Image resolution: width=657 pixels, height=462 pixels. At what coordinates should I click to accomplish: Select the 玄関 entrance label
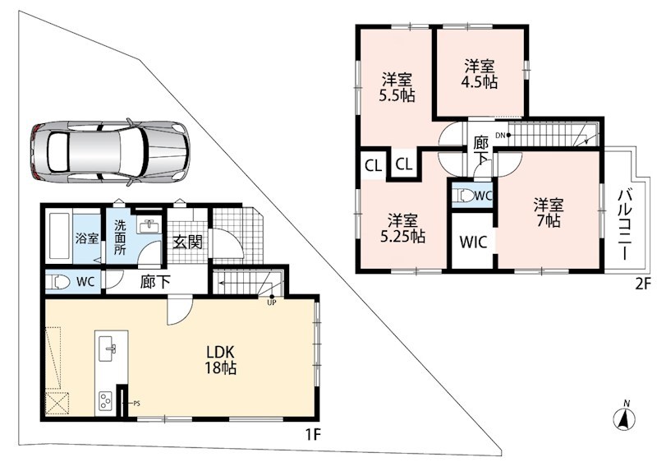point(188,242)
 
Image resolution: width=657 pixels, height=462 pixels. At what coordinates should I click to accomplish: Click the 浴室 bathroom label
point(87,238)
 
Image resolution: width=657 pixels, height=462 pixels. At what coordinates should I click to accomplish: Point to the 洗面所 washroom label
point(120,238)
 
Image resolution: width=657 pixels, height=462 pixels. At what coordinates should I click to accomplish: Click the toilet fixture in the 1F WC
point(57,281)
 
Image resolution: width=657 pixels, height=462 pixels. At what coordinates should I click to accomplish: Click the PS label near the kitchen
point(136,404)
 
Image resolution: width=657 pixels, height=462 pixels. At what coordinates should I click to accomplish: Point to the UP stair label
point(272,303)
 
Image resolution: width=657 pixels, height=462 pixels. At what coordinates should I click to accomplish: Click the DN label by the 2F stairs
point(500,135)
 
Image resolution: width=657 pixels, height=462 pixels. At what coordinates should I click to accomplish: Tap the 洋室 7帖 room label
point(548,213)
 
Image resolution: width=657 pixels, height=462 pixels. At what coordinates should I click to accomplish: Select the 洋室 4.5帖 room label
point(480,74)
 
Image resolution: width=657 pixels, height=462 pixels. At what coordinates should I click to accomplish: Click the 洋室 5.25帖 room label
point(402,229)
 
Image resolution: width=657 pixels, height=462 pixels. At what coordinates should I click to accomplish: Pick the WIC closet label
point(474,242)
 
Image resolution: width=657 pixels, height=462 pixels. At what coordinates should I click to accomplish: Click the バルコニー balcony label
point(625,224)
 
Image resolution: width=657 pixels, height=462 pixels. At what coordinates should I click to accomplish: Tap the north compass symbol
point(625,417)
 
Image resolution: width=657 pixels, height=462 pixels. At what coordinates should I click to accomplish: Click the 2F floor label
point(643,284)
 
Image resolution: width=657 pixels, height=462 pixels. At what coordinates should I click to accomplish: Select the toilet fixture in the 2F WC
point(466,196)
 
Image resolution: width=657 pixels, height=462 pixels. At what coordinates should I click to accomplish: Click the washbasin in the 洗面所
point(149,226)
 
